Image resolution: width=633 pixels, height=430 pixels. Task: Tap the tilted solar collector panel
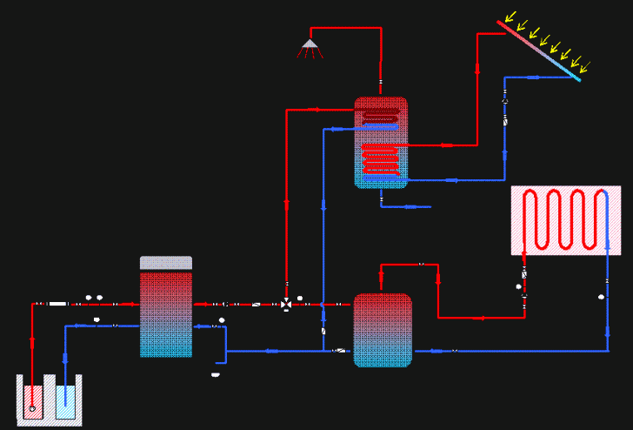coord(539,50)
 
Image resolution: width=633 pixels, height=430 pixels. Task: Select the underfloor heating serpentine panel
coord(565,219)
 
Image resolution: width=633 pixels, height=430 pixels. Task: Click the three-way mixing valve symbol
coord(286,304)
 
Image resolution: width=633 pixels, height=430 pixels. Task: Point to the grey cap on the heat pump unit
coord(166,262)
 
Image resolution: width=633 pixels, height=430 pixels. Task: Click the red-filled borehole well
coord(33,400)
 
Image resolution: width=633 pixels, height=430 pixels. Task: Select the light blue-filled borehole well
coord(65,400)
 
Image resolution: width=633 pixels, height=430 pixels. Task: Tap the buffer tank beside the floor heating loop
coord(383,330)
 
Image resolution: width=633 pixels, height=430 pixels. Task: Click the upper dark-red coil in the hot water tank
coord(381,113)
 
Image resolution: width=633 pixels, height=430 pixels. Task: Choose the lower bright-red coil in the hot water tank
coord(381,159)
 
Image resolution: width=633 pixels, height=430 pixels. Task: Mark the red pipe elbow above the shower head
coord(380,29)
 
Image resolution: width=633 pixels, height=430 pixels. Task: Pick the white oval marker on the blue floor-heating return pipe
coord(602,298)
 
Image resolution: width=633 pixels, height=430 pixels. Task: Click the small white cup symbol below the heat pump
coord(215,375)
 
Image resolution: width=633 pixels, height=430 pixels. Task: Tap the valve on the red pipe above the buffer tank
coord(422,264)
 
